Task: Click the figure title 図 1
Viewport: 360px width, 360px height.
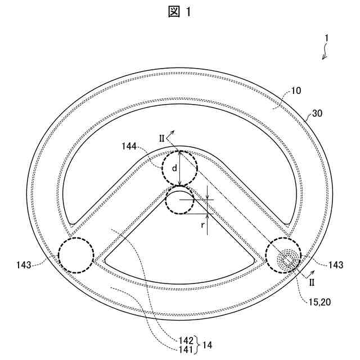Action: [x=179, y=12]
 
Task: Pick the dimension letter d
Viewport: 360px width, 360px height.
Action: [x=174, y=168]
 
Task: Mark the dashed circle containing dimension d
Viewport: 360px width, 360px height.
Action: [x=179, y=167]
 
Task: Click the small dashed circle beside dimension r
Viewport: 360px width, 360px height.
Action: [x=179, y=200]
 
